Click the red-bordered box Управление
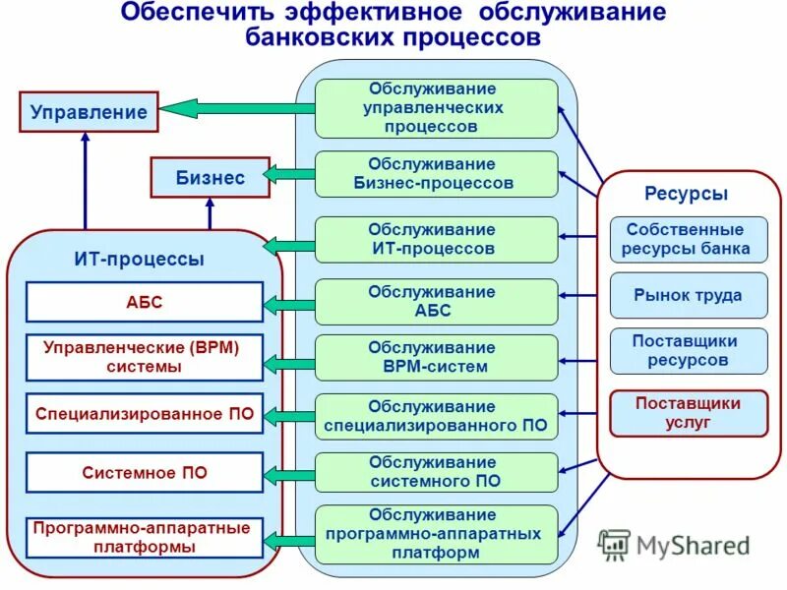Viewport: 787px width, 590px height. click(89, 111)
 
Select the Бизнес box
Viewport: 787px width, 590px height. click(210, 178)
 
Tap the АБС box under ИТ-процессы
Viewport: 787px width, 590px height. click(145, 303)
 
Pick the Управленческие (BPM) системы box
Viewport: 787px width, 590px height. click(145, 358)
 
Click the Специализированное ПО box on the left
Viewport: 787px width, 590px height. click(145, 415)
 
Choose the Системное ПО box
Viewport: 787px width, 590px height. click(145, 472)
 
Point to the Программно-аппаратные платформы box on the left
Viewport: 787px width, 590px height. click(145, 538)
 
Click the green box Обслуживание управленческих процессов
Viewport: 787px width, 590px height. click(436, 108)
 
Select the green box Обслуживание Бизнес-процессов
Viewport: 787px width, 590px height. click(436, 174)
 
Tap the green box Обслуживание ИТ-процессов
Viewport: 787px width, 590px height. click(436, 240)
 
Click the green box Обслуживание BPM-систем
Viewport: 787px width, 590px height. click(436, 358)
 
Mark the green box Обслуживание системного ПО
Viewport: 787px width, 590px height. click(436, 472)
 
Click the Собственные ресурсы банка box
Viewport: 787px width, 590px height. click(688, 239)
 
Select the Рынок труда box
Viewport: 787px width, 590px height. click(688, 296)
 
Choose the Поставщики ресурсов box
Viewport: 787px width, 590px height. click(688, 351)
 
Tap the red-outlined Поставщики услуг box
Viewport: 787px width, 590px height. click(688, 413)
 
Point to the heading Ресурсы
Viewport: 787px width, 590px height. click(687, 194)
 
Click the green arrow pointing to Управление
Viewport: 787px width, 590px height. click(236, 109)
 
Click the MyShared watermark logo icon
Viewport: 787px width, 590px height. click(614, 544)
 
